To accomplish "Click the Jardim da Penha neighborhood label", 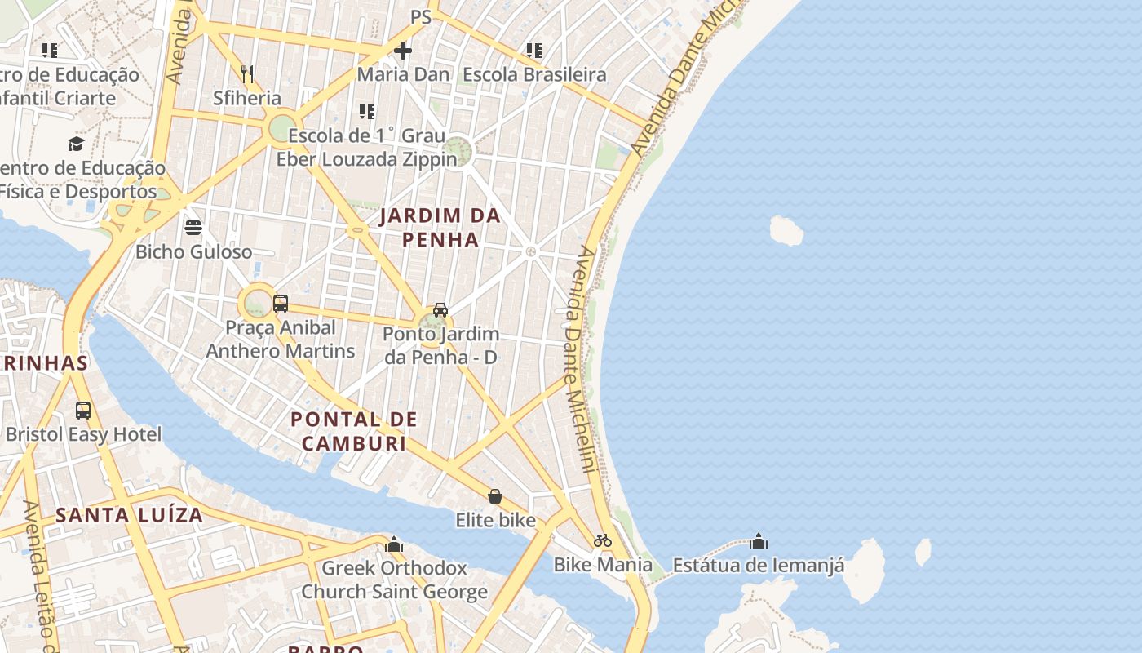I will [429, 228].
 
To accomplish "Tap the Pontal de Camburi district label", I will [354, 432].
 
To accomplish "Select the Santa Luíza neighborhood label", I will [129, 515].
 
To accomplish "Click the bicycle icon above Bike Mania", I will [603, 540].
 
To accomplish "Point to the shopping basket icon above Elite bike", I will [495, 496].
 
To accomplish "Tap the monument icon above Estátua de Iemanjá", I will [759, 541].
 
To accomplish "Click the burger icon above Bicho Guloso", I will [193, 227].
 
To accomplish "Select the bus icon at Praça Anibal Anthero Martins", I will [281, 304].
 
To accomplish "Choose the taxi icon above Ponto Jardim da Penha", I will [440, 309].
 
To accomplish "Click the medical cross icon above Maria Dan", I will [403, 51].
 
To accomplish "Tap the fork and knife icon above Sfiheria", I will [247, 73].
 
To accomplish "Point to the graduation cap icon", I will [76, 144].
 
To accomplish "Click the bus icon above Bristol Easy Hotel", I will [83, 410].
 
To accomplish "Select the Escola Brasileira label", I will [534, 74].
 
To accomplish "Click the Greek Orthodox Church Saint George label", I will [395, 580].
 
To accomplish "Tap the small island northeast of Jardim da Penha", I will [786, 230].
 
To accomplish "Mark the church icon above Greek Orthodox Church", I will [394, 544].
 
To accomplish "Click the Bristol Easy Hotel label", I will [84, 434].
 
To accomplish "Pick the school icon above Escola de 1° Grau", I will [367, 112].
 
